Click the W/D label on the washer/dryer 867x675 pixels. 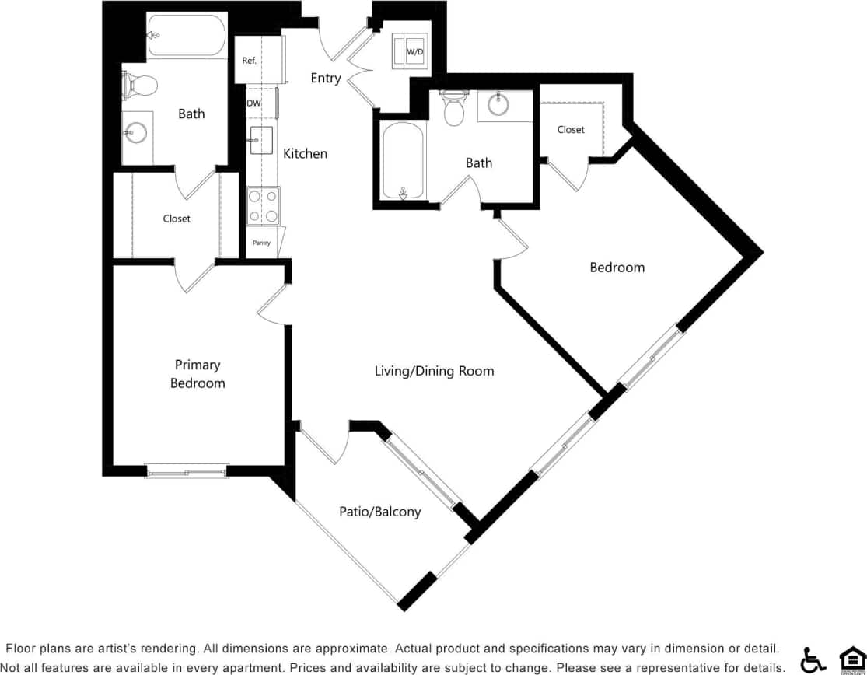(x=415, y=52)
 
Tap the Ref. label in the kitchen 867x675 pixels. (x=250, y=61)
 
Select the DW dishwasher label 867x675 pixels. (x=253, y=103)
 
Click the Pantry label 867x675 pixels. (x=261, y=243)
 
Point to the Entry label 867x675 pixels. (x=325, y=78)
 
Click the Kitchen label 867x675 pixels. (x=305, y=153)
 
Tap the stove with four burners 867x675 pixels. (x=263, y=206)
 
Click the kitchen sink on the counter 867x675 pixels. (x=260, y=140)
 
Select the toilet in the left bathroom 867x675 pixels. (x=140, y=84)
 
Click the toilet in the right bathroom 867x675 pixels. (x=453, y=110)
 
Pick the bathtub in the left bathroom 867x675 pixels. (x=187, y=35)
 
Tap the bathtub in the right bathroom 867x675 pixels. (x=403, y=161)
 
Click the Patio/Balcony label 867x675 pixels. (x=379, y=512)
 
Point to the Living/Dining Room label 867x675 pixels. (x=434, y=371)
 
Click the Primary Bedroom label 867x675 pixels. (x=198, y=374)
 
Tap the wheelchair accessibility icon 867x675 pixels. (x=813, y=659)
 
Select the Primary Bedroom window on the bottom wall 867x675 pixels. (x=187, y=470)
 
